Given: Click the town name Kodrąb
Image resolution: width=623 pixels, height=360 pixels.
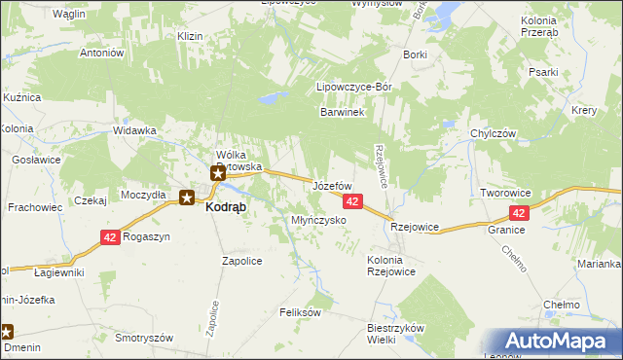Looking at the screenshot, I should tap(226, 207).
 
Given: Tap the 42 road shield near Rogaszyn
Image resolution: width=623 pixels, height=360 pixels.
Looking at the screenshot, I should tap(110, 237).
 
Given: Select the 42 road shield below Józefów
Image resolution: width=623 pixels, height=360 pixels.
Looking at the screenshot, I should tap(352, 201).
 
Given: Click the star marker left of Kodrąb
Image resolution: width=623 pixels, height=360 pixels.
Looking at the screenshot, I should tap(187, 198).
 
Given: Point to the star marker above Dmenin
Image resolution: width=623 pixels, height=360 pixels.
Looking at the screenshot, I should tap(6, 332).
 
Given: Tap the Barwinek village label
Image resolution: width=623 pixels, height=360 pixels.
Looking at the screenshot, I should tap(342, 113).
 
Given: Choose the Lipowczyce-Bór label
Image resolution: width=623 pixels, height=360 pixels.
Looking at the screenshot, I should tap(354, 87).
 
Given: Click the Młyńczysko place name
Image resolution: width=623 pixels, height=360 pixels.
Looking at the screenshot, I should tap(319, 221).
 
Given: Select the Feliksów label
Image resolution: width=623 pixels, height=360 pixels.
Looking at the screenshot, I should tap(300, 312).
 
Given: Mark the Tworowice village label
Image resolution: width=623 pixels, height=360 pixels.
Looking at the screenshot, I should tap(505, 194).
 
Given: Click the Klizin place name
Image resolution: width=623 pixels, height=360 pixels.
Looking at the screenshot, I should tap(189, 36).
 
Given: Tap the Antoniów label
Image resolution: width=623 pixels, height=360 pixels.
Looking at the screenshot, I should tap(104, 53).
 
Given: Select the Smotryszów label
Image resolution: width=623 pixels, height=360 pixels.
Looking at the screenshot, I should tap(143, 338).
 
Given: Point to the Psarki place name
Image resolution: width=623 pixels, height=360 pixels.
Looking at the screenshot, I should tap(569, 73).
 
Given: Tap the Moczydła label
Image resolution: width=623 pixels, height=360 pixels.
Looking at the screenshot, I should tap(143, 195).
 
